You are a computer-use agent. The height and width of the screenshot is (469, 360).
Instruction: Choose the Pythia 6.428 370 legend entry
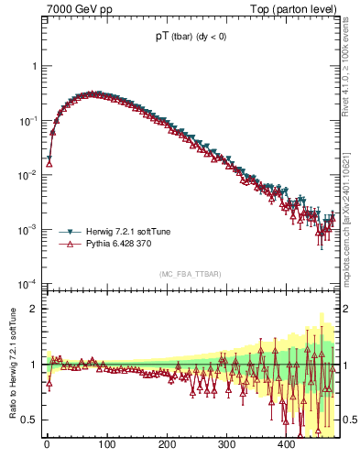click(122, 245)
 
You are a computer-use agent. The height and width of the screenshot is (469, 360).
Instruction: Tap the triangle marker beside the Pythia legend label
click(67, 245)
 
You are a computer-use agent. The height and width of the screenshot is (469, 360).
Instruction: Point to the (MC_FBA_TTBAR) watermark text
click(190, 274)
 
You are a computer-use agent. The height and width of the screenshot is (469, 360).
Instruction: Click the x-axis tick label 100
click(106, 446)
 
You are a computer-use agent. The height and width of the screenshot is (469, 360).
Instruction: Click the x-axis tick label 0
click(47, 446)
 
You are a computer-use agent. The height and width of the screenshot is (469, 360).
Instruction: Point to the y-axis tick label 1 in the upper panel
click(33, 67)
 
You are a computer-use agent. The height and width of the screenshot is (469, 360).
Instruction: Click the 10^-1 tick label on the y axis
click(27, 121)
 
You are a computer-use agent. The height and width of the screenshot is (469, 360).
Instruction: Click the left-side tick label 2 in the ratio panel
click(33, 309)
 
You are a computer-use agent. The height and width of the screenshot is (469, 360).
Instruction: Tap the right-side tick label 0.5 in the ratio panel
click(350, 420)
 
